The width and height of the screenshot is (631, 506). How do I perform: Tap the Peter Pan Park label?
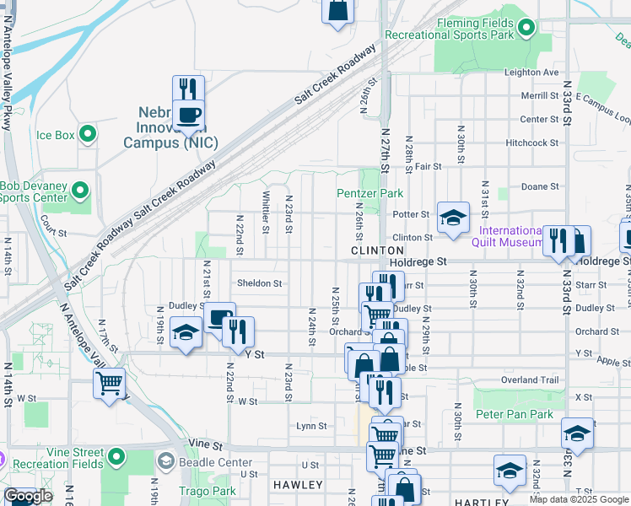pyautogui.click(x=514, y=414)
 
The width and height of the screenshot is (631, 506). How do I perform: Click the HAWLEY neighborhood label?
pyautogui.click(x=298, y=485)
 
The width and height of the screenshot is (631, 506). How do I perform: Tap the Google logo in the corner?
pyautogui.click(x=29, y=497)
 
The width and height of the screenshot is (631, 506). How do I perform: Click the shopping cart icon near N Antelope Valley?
pyautogui.click(x=110, y=383)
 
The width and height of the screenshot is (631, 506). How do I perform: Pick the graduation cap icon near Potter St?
pyautogui.click(x=453, y=217)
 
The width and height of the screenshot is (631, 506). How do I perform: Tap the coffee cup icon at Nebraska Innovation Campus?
pyautogui.click(x=187, y=115)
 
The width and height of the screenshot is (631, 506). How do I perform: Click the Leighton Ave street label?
pyautogui.click(x=531, y=73)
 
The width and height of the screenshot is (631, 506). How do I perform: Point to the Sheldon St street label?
pyautogui.click(x=259, y=283)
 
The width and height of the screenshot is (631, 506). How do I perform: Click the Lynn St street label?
pyautogui.click(x=311, y=426)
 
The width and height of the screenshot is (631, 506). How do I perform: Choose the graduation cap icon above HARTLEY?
pyautogui.click(x=510, y=470)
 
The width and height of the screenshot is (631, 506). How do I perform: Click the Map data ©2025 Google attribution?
pyautogui.click(x=579, y=499)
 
